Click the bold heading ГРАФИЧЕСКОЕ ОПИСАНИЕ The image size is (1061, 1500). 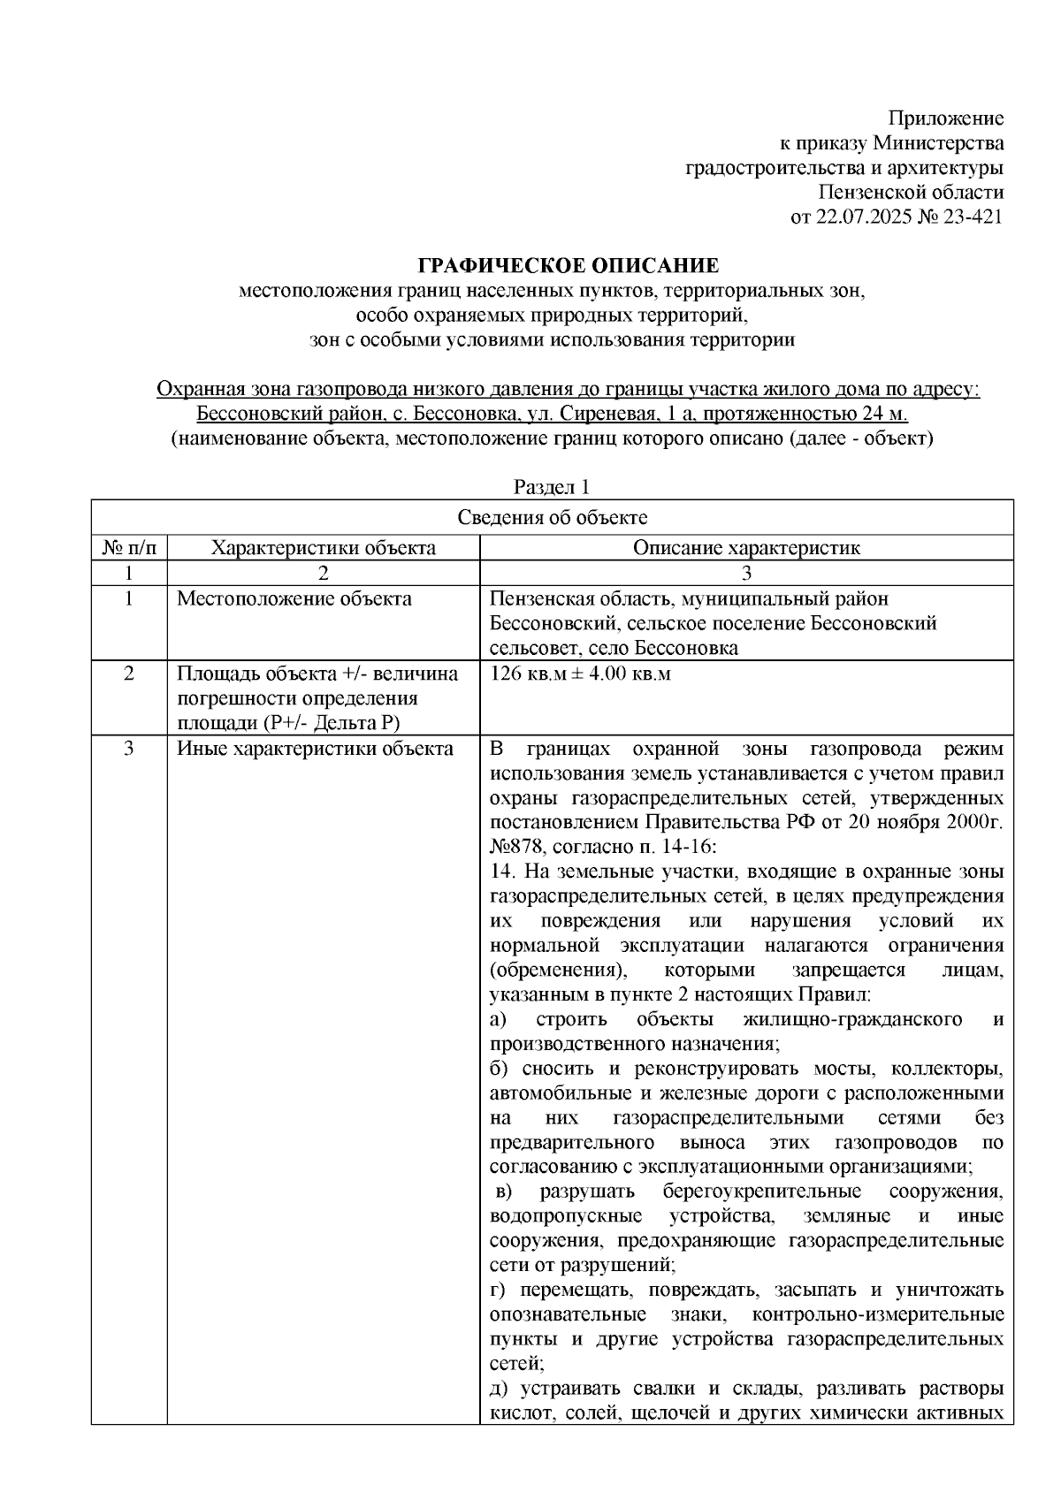[568, 266]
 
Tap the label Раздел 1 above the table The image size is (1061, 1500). [552, 487]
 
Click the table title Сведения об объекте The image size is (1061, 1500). [552, 518]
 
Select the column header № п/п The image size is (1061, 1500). [129, 548]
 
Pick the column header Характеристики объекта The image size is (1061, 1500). [323, 548]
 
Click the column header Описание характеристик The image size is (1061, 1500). [746, 548]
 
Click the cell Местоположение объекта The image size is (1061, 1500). [294, 599]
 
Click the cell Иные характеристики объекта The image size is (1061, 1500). [316, 750]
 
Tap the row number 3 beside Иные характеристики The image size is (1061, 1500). [129, 750]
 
